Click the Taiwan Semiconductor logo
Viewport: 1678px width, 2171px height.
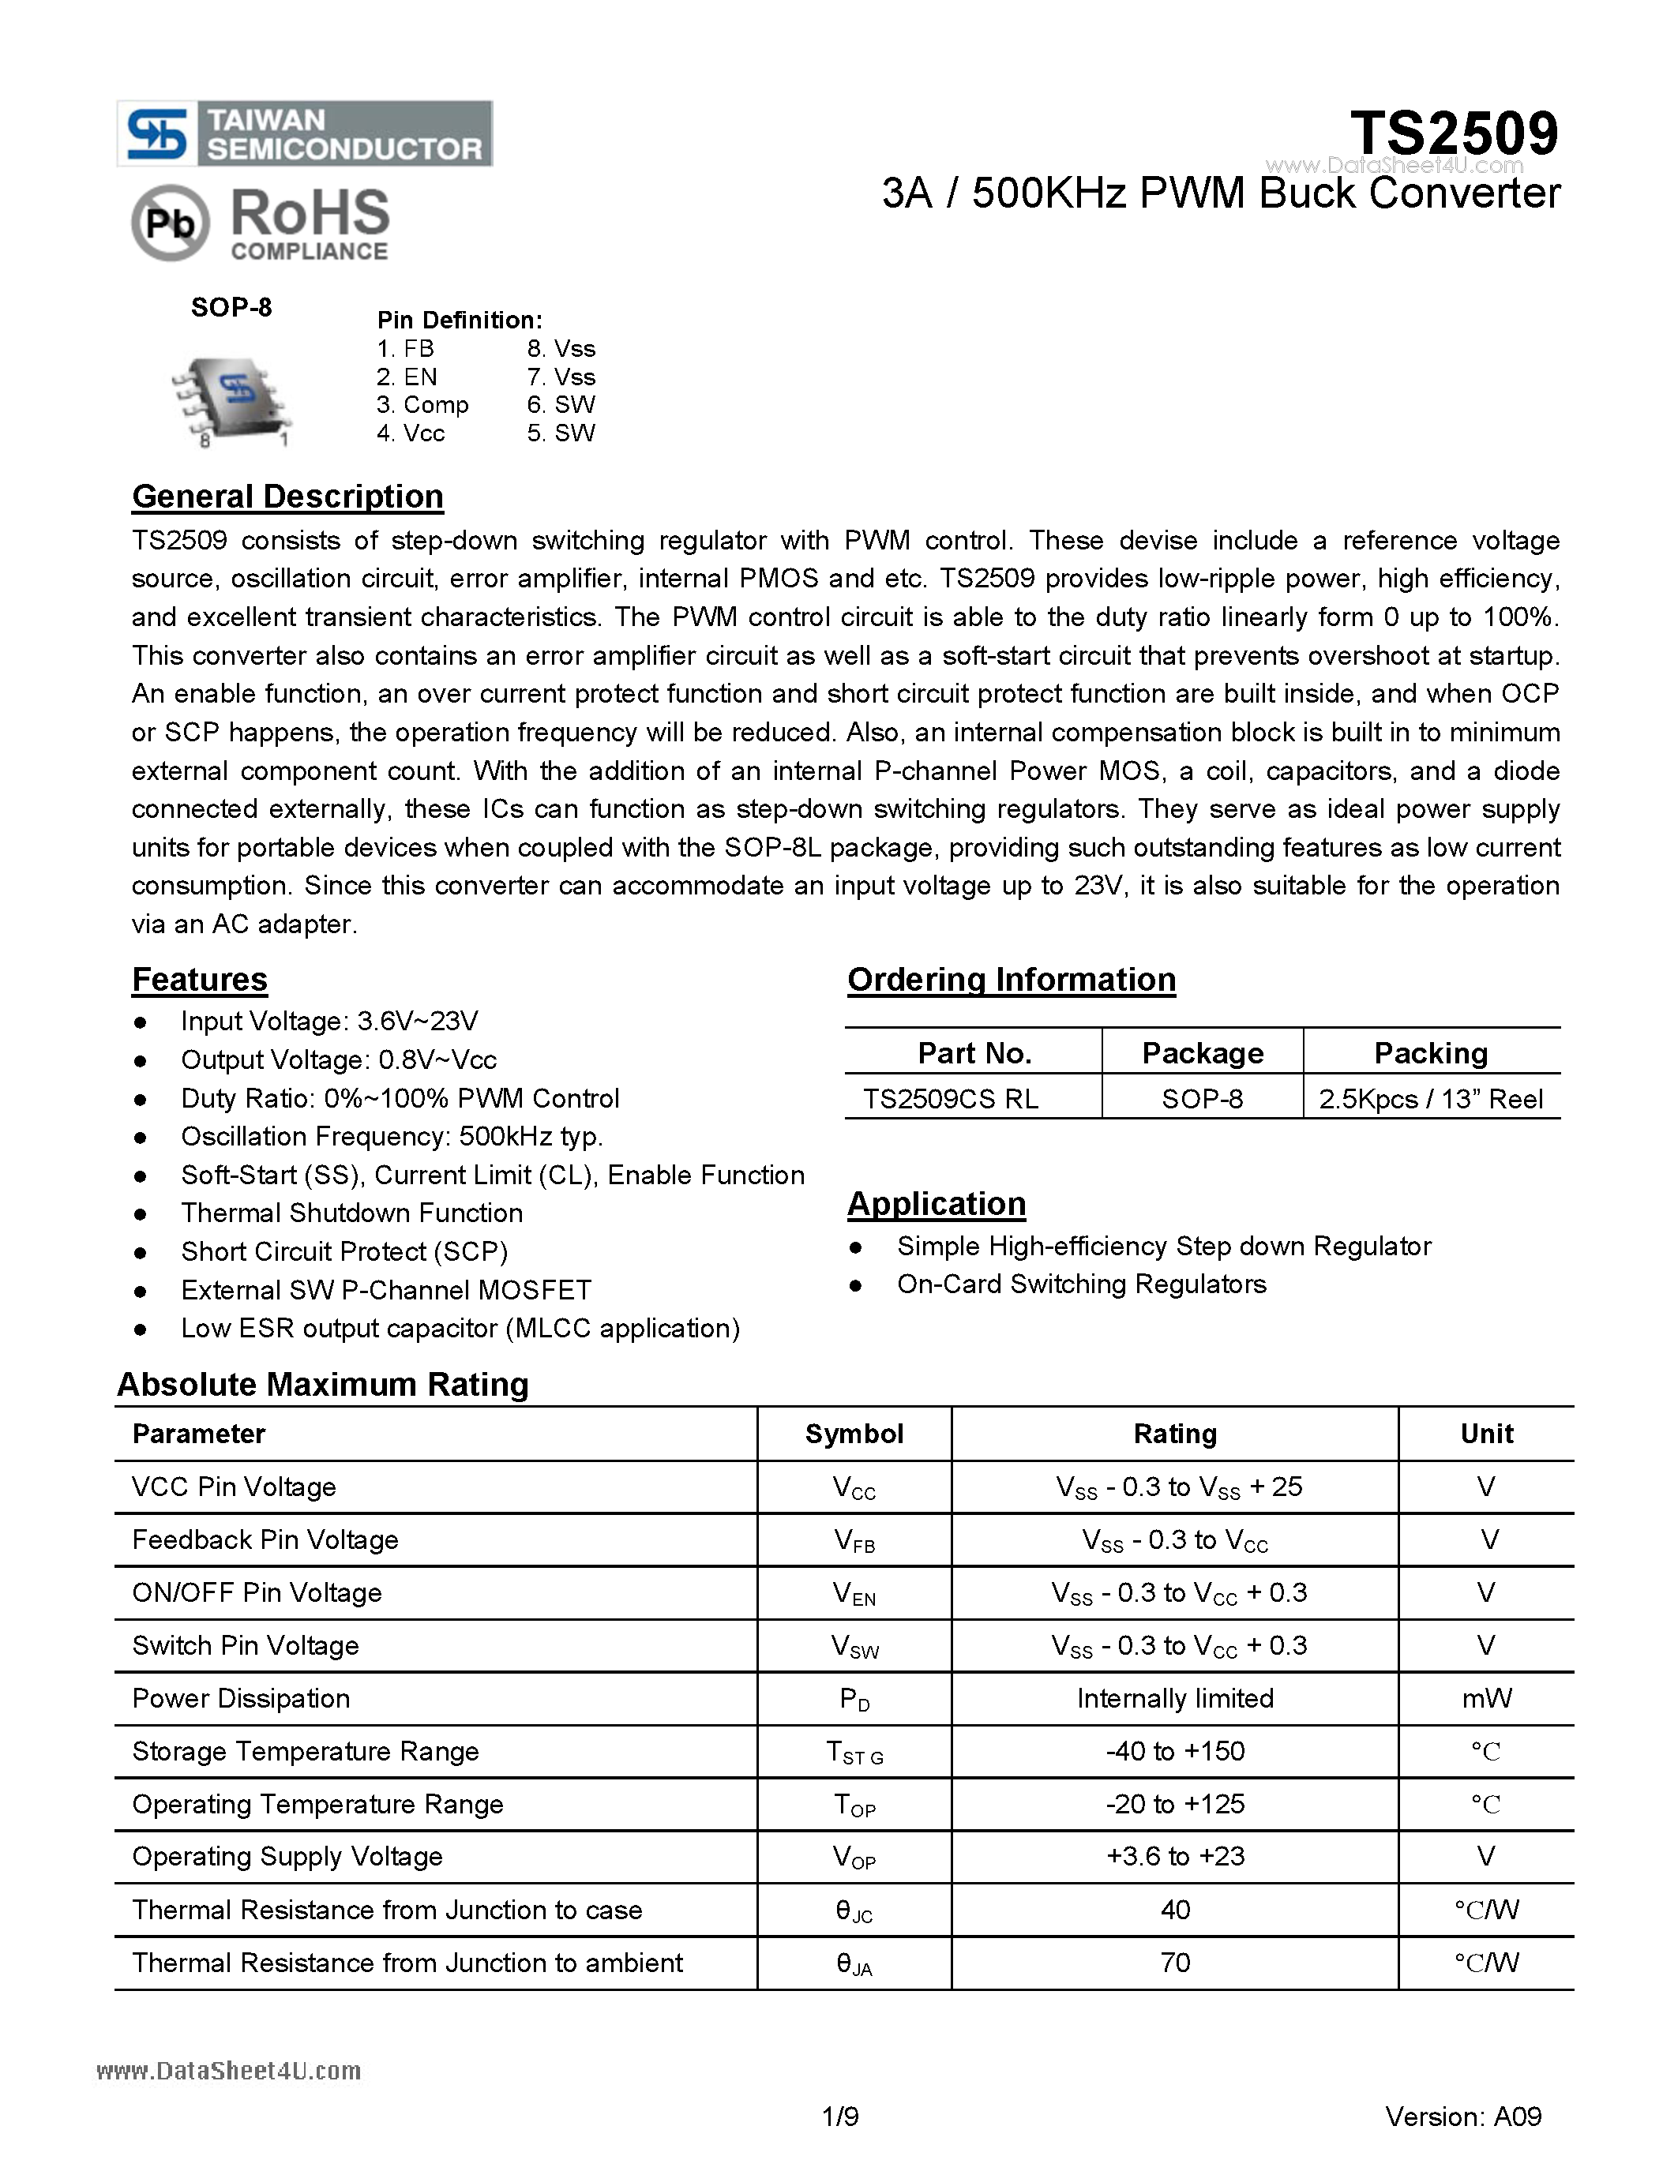point(304,133)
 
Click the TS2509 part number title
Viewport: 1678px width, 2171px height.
point(1453,133)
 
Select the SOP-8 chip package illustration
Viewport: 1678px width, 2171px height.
point(231,400)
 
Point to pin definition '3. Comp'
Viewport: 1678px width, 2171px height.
point(422,404)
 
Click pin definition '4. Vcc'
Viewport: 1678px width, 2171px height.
point(411,433)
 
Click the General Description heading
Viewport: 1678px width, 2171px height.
point(287,496)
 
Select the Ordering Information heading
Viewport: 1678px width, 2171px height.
point(1011,979)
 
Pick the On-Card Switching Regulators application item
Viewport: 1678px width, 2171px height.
point(1080,1284)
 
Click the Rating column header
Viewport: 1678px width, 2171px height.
point(1174,1434)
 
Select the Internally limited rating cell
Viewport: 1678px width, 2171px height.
point(1174,1698)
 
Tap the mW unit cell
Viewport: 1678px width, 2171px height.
point(1486,1698)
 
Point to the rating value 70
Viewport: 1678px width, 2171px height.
point(1174,1963)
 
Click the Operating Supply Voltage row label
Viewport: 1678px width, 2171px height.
point(287,1856)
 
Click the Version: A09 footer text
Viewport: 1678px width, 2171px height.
point(1462,2117)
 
